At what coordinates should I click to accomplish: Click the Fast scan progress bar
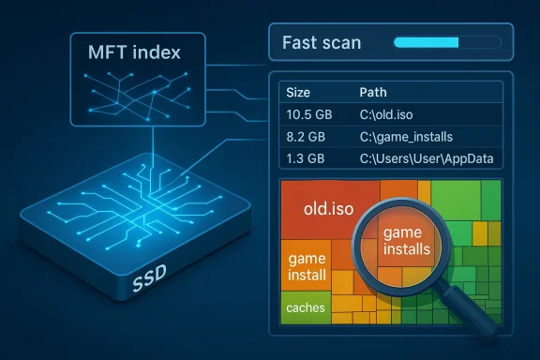(x=445, y=42)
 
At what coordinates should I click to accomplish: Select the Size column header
(x=299, y=94)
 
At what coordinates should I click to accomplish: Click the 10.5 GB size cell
(x=309, y=114)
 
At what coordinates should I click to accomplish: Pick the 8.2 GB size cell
(x=307, y=136)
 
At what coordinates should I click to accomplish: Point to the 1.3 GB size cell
(x=307, y=157)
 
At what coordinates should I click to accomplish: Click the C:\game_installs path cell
(x=409, y=136)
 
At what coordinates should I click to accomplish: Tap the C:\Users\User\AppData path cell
(x=427, y=157)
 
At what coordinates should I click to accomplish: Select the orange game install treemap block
(x=307, y=266)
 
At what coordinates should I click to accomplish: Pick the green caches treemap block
(x=307, y=307)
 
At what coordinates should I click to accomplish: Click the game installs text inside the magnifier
(x=407, y=242)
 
